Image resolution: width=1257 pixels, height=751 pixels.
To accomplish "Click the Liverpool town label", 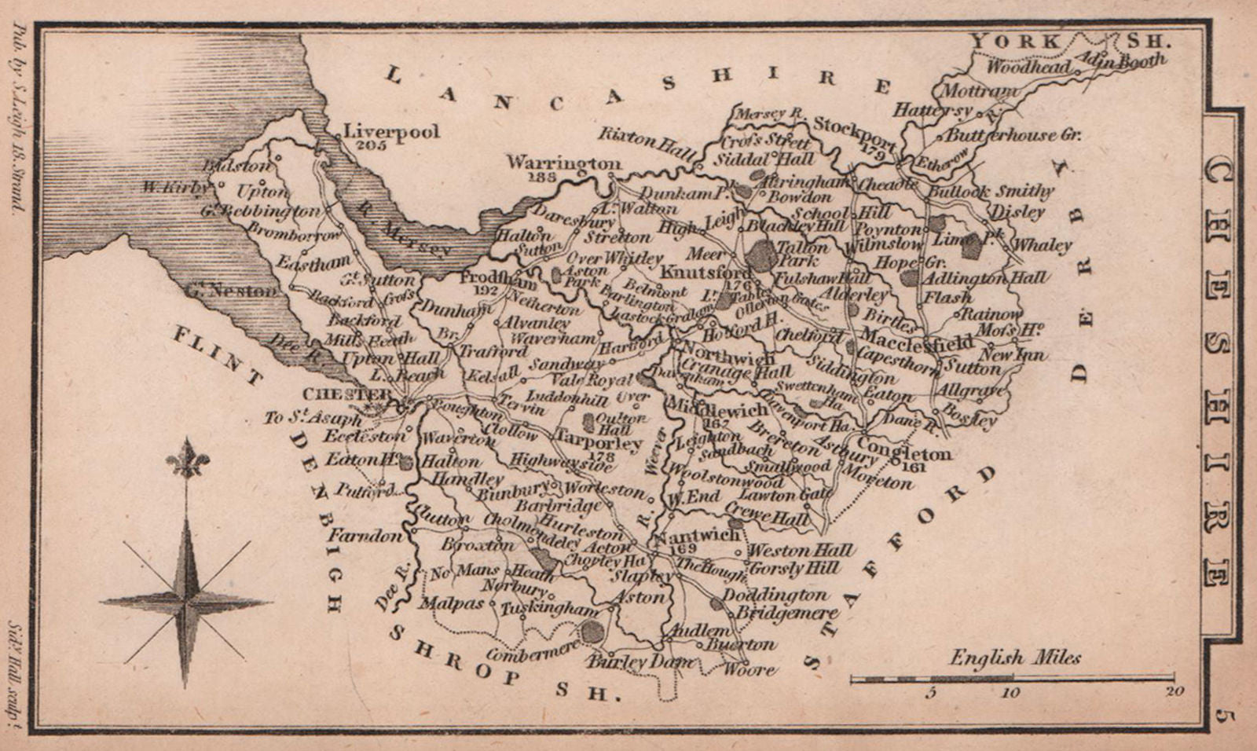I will pos(392,131).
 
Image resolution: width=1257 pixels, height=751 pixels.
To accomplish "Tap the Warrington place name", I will pos(563,163).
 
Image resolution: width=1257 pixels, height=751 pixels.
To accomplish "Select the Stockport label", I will pos(854,126).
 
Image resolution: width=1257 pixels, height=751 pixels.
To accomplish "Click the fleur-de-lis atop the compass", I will pos(187,460).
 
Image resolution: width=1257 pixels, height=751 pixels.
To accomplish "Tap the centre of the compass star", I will pos(187,602).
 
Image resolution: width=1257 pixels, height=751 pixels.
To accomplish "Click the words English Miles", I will pos(1015,658).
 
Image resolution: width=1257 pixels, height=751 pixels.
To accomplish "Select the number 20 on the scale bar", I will pos(1174,692).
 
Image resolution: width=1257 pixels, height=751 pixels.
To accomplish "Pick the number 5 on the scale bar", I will pos(932,692).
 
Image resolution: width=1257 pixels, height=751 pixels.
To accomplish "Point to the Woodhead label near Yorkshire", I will pos(1028,68).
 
